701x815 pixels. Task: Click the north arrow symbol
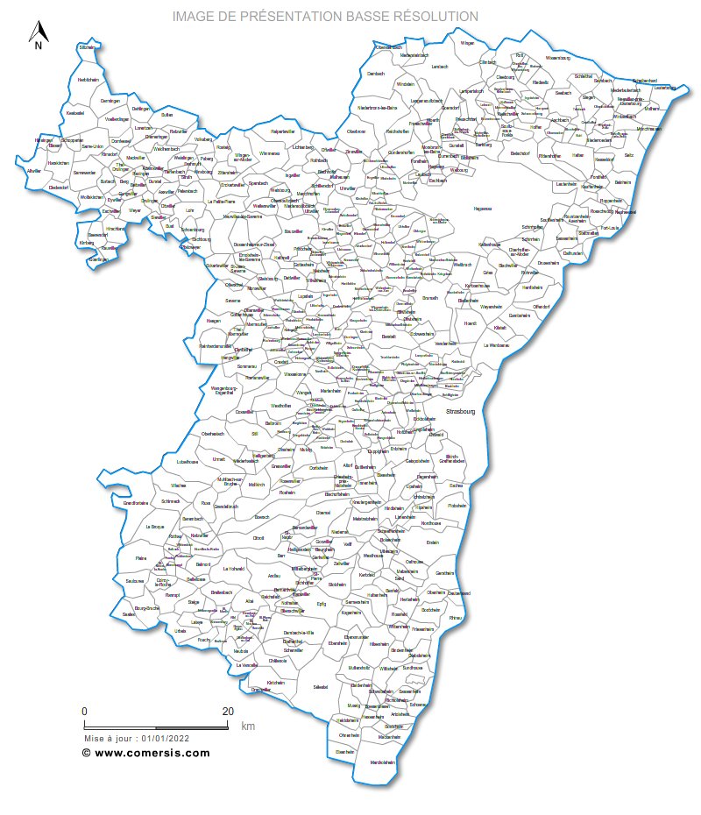(38, 35)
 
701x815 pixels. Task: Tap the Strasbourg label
(459, 411)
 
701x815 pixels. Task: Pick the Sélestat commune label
(321, 686)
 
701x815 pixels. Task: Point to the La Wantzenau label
(497, 346)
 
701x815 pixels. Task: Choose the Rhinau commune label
(455, 619)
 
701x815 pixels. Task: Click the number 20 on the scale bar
(228, 711)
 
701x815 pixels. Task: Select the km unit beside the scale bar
(248, 726)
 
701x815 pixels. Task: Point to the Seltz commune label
(628, 155)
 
